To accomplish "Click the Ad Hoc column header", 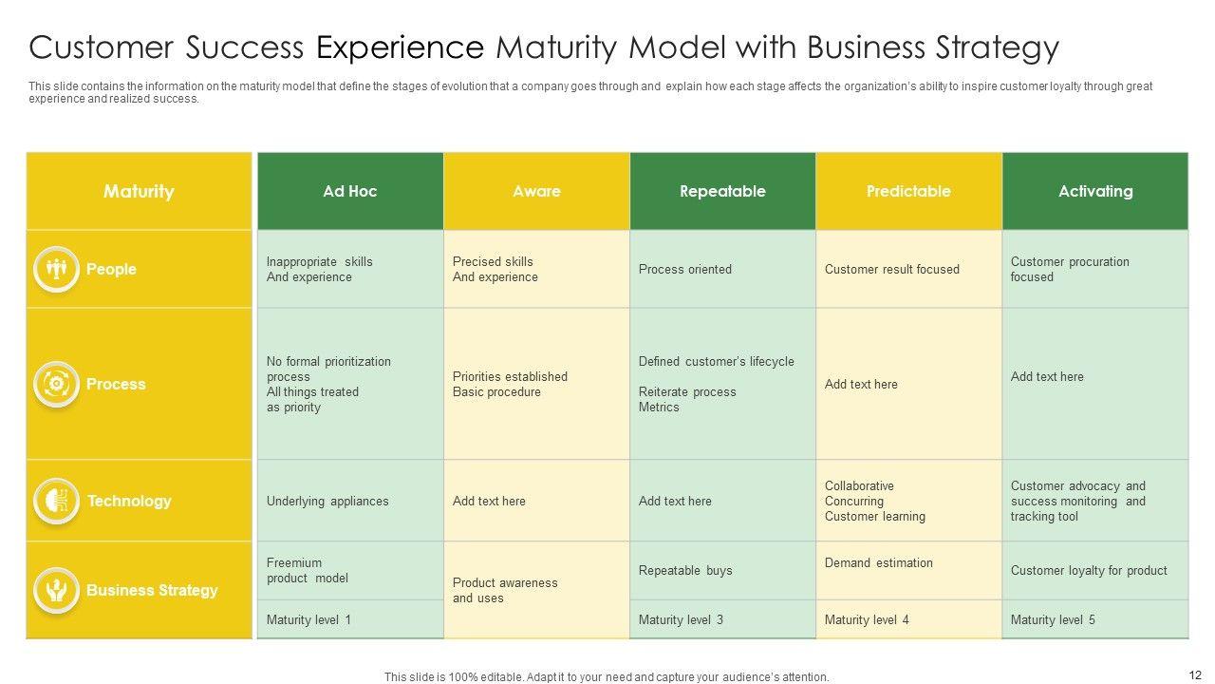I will click(x=350, y=191).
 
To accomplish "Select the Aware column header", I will click(x=536, y=191).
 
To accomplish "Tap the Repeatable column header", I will click(x=722, y=191).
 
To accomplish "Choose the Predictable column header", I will click(x=908, y=191).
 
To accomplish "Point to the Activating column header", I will click(x=1095, y=191).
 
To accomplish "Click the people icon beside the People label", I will click(x=57, y=269).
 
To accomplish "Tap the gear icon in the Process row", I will click(x=57, y=384).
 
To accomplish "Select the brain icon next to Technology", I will click(x=57, y=501).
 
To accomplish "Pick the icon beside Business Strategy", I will click(x=57, y=590).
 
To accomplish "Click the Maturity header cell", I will click(x=139, y=191).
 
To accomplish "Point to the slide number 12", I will click(x=1194, y=674).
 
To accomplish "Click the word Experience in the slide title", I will click(x=400, y=47).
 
